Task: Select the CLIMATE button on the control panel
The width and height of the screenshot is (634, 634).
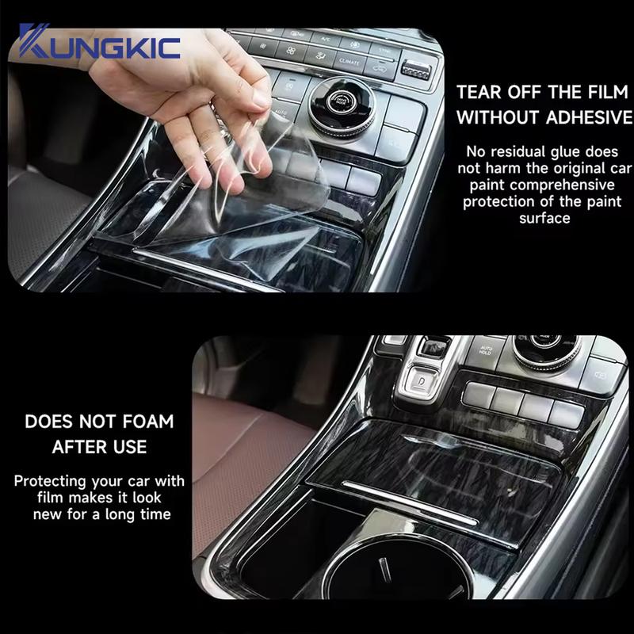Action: click(x=349, y=60)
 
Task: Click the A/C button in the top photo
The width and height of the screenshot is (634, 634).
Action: click(x=323, y=36)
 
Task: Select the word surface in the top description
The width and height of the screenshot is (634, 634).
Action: click(x=545, y=217)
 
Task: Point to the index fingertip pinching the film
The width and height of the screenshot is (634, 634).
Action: click(x=252, y=127)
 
